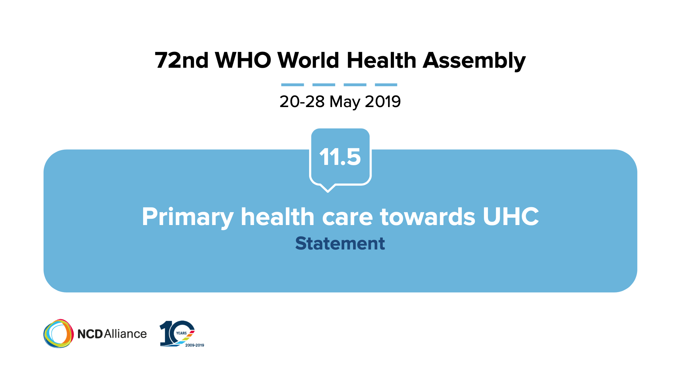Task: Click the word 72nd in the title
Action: (x=181, y=60)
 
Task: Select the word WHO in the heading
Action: (x=243, y=60)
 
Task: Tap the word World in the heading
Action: (x=308, y=60)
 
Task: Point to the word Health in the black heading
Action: (x=381, y=60)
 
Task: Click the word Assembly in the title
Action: (x=474, y=61)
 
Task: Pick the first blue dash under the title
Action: (x=293, y=85)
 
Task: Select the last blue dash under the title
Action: (x=386, y=85)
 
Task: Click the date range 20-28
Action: (x=302, y=101)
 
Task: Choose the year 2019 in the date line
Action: (x=383, y=101)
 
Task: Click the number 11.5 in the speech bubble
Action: (x=340, y=157)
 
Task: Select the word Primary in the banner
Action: (x=188, y=217)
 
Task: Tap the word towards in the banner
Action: (x=428, y=217)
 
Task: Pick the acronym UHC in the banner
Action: (x=511, y=217)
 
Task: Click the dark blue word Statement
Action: (x=340, y=244)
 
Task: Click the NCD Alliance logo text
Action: (x=112, y=334)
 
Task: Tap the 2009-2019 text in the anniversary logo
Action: (x=195, y=345)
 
